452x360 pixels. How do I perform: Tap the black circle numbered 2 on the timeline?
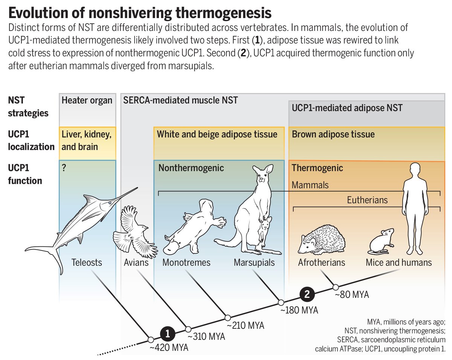(x=307, y=294)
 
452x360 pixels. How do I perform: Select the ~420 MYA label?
(x=169, y=348)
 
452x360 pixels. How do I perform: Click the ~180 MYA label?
(x=299, y=310)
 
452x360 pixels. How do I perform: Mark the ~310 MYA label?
(x=206, y=337)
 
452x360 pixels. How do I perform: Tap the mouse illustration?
(x=381, y=241)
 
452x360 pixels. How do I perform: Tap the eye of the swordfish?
(x=110, y=203)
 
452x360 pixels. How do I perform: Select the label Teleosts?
(x=87, y=262)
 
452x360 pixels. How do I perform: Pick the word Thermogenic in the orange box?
(x=318, y=168)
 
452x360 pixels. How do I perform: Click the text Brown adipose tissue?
(x=333, y=134)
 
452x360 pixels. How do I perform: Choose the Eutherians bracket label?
(x=367, y=200)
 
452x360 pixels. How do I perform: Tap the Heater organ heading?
(x=87, y=100)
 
